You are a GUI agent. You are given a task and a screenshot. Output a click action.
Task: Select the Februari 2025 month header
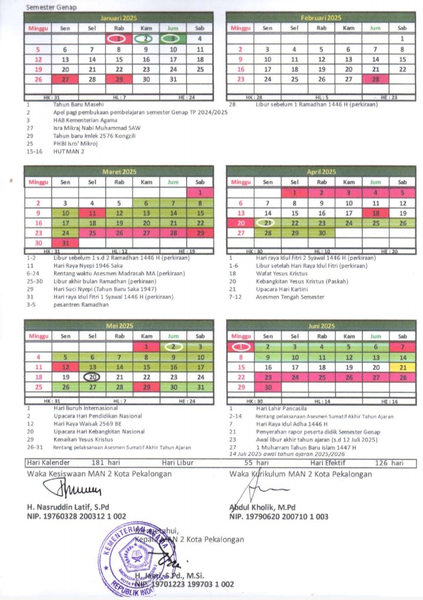[321, 18]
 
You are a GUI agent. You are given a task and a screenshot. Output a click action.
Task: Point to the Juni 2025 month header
[321, 325]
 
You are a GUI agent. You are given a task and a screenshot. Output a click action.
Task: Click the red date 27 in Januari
[65, 79]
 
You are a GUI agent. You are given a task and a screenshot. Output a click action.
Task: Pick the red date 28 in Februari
[375, 79]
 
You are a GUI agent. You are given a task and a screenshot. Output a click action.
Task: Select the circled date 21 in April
[268, 223]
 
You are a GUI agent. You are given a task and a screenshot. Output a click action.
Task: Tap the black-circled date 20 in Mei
[92, 377]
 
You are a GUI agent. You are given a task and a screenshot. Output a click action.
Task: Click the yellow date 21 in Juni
[402, 367]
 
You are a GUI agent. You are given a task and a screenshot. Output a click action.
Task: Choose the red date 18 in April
[375, 213]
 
